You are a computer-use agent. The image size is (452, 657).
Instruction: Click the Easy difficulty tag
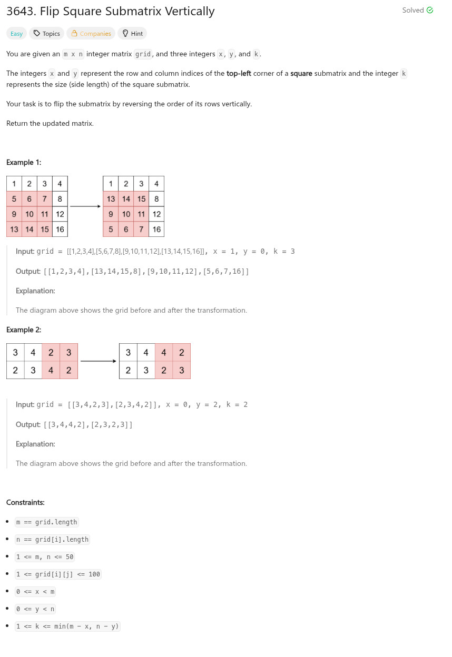(16, 34)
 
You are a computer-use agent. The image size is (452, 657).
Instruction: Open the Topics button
(46, 34)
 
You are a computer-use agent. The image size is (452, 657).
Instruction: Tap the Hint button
(132, 34)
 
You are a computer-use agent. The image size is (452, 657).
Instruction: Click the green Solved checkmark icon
(430, 10)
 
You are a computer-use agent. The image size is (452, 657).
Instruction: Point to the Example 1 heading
(24, 162)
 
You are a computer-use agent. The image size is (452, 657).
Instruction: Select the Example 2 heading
(24, 330)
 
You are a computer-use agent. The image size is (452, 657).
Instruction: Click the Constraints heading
(25, 502)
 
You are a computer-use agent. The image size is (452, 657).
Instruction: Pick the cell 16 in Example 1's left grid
(60, 229)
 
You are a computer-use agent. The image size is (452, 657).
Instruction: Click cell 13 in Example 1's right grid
(111, 199)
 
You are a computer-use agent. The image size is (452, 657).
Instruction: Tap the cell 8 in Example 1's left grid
(60, 199)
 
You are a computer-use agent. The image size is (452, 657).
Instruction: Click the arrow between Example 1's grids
(85, 206)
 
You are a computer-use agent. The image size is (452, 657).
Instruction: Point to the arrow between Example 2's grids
(99, 361)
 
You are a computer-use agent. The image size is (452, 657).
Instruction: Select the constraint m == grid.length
(47, 522)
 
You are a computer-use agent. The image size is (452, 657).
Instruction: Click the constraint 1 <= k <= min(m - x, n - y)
(68, 626)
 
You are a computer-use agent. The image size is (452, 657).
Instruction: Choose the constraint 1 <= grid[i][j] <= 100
(58, 574)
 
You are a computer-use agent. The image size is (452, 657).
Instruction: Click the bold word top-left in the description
(239, 74)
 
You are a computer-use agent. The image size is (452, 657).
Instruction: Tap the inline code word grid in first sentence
(143, 54)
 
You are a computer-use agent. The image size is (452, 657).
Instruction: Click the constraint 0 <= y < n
(35, 609)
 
